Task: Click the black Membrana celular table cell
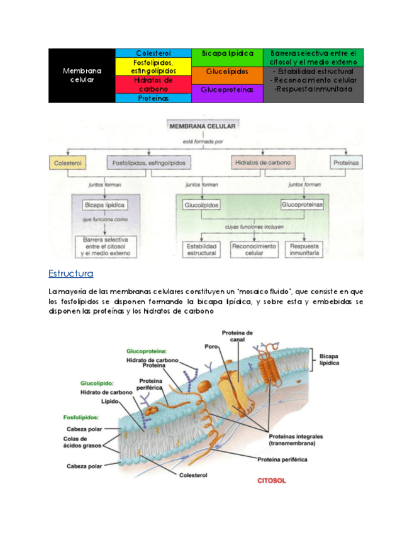coord(82,75)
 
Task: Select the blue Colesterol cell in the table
coord(153,53)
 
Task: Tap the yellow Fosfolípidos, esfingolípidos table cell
coord(153,67)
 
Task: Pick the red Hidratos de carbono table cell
coord(153,84)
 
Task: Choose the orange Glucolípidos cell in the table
coord(227,72)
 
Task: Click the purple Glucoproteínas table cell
coord(227,90)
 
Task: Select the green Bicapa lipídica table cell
coord(227,53)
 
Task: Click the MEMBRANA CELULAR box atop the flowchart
coord(203,126)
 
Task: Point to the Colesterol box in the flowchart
coord(67,163)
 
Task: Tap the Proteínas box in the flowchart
coord(347,163)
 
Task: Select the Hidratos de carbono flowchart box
coord(262,163)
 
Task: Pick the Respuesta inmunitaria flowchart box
coord(304,250)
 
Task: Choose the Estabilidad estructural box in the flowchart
coord(201,250)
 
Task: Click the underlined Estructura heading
coord(70,273)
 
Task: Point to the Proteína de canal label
coord(237,336)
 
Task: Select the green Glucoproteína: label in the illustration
coord(147,351)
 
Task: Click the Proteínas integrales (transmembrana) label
coord(292,439)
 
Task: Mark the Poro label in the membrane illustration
coord(211,346)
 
